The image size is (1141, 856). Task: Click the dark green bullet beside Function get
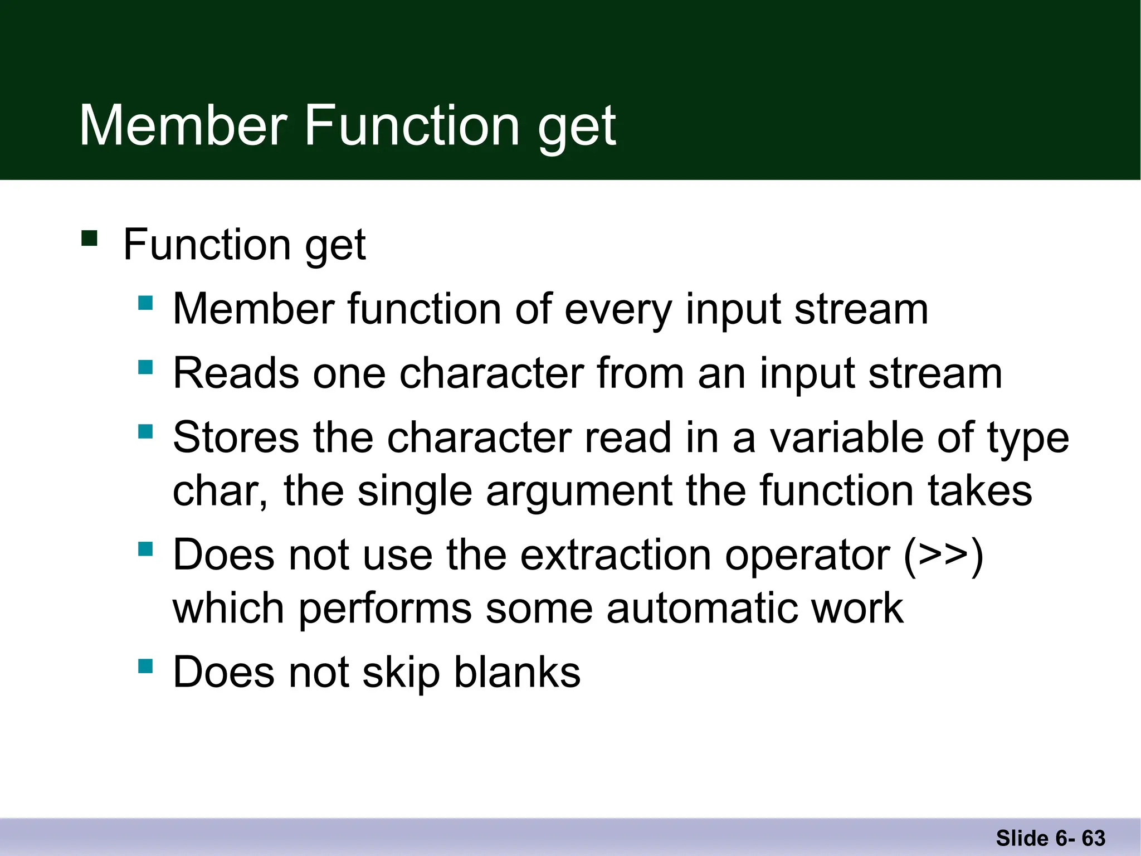(89, 238)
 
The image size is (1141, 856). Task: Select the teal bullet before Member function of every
(145, 303)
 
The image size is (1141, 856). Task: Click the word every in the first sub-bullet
(618, 310)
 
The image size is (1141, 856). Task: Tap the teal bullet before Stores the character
(145, 431)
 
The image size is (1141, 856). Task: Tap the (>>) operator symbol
(943, 556)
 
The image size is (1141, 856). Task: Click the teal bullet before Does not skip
(145, 666)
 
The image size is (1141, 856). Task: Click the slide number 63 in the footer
(1093, 838)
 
